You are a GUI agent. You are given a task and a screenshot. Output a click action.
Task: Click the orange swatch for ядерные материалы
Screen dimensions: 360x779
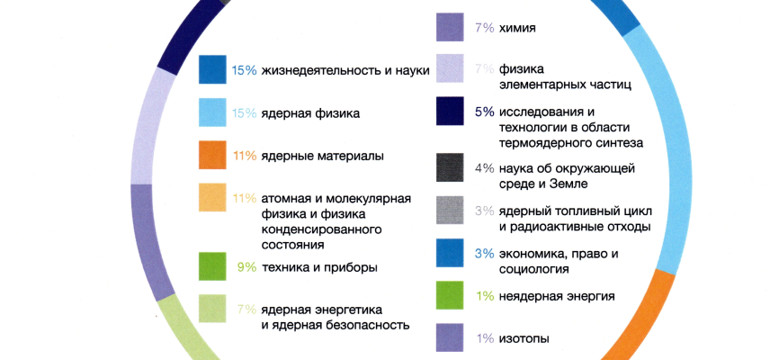coord(212,155)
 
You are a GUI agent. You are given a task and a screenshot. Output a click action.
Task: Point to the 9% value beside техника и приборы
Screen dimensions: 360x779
coord(246,266)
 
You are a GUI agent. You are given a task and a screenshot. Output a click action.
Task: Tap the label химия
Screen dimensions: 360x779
coord(517,28)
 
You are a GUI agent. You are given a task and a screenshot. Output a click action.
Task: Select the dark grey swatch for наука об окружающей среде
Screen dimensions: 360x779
coord(450,167)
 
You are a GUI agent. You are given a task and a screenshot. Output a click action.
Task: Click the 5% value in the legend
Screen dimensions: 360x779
coord(484,112)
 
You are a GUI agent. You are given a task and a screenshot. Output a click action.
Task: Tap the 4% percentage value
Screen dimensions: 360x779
coord(484,167)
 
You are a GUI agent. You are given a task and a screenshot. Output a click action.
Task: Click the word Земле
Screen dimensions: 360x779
coord(565,184)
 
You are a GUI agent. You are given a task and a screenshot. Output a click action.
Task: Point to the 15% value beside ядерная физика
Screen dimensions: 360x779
coord(245,113)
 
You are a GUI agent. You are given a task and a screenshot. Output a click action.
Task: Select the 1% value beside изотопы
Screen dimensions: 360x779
coord(484,338)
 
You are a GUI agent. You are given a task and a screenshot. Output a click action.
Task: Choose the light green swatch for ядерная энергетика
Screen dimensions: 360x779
coord(212,310)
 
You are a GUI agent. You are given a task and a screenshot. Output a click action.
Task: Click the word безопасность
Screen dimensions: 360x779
coord(367,325)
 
